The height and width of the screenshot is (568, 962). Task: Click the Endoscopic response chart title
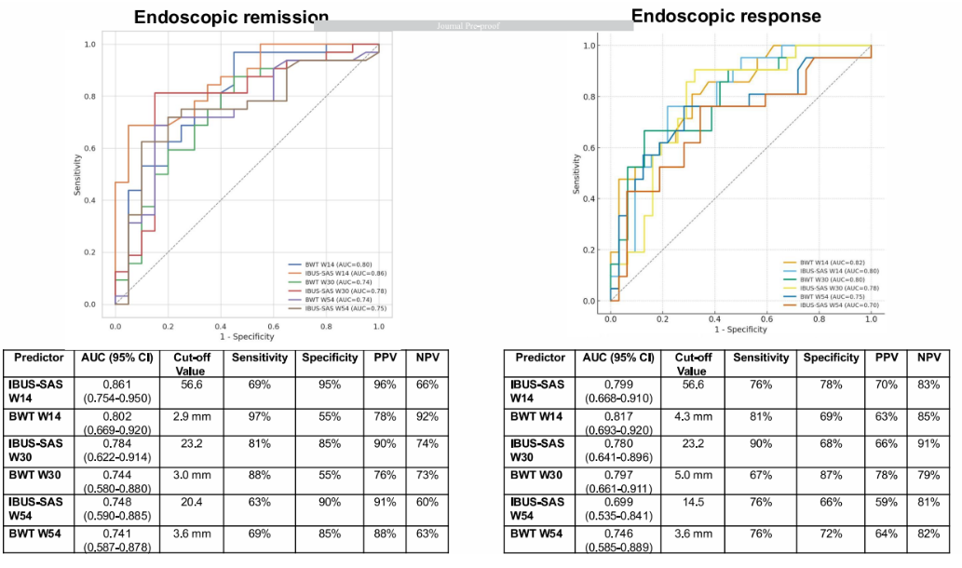point(725,16)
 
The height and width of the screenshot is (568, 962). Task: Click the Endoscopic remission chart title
point(231,18)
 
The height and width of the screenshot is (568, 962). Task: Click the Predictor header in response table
point(539,358)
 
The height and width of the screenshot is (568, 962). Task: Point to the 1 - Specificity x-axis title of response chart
point(740,330)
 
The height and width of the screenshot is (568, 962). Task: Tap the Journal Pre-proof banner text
point(473,26)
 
